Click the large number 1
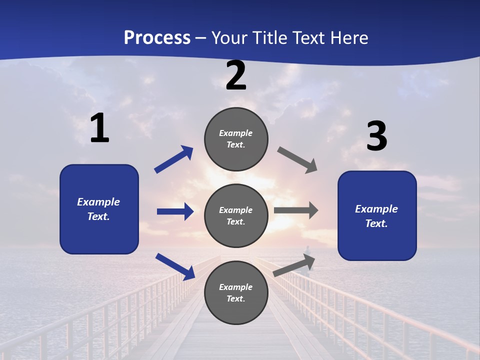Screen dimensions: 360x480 point(99,128)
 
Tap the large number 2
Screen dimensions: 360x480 point(236,75)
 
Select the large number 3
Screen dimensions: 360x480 point(376,136)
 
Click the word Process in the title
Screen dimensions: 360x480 point(157,37)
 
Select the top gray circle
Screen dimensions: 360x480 point(236,139)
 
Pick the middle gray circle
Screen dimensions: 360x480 point(236,215)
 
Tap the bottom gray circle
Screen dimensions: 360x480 point(236,292)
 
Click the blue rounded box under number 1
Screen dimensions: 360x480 point(99,209)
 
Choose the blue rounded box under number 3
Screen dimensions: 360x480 point(377,216)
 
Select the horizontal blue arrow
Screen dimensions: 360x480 point(175,211)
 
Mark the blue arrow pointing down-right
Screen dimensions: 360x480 point(175,266)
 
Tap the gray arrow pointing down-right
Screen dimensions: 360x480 point(297,160)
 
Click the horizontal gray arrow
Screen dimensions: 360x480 point(296,210)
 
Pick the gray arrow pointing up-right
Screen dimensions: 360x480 point(294,265)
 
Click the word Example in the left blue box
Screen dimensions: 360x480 point(98,202)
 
